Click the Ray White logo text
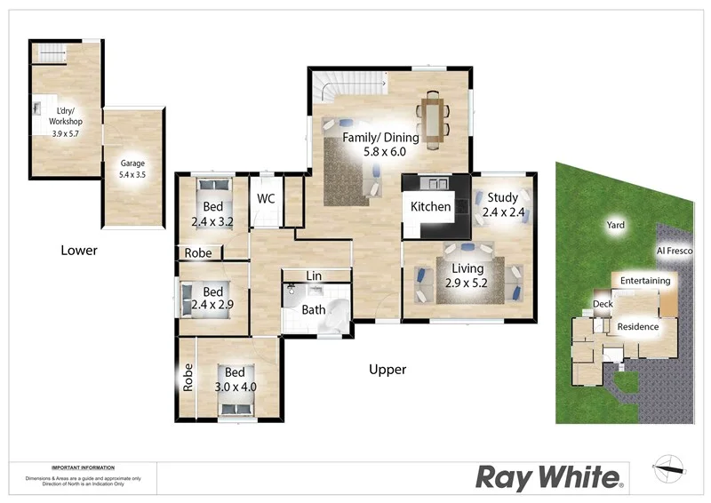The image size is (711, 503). (549, 477)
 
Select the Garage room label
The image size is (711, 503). (132, 164)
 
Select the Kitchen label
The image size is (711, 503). (430, 207)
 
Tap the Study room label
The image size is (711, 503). (502, 197)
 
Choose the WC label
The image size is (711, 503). (266, 199)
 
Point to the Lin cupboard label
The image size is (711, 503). (314, 276)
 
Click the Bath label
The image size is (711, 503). (314, 310)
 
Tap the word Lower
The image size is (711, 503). (79, 251)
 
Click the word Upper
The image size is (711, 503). (387, 370)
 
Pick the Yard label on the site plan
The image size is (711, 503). (616, 225)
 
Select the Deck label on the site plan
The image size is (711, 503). (603, 305)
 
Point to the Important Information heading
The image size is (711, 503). (83, 467)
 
